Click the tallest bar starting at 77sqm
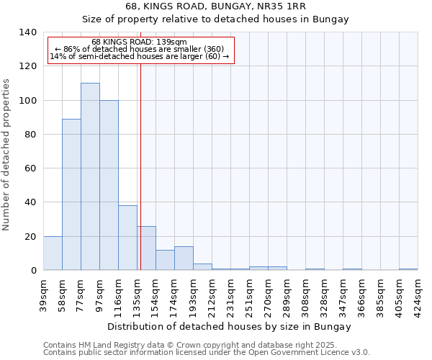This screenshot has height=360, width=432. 90,176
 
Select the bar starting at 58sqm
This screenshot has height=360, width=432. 71,194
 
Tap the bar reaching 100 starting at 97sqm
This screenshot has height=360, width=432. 109,185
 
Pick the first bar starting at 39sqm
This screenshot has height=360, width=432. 53,253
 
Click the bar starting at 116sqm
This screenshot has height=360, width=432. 127,238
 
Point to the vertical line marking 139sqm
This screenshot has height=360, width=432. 140,166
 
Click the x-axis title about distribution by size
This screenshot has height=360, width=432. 230,327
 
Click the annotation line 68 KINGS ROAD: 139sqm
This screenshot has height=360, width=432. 140,42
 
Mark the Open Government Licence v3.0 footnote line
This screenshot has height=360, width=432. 207,353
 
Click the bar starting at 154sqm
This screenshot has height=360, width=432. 165,260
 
